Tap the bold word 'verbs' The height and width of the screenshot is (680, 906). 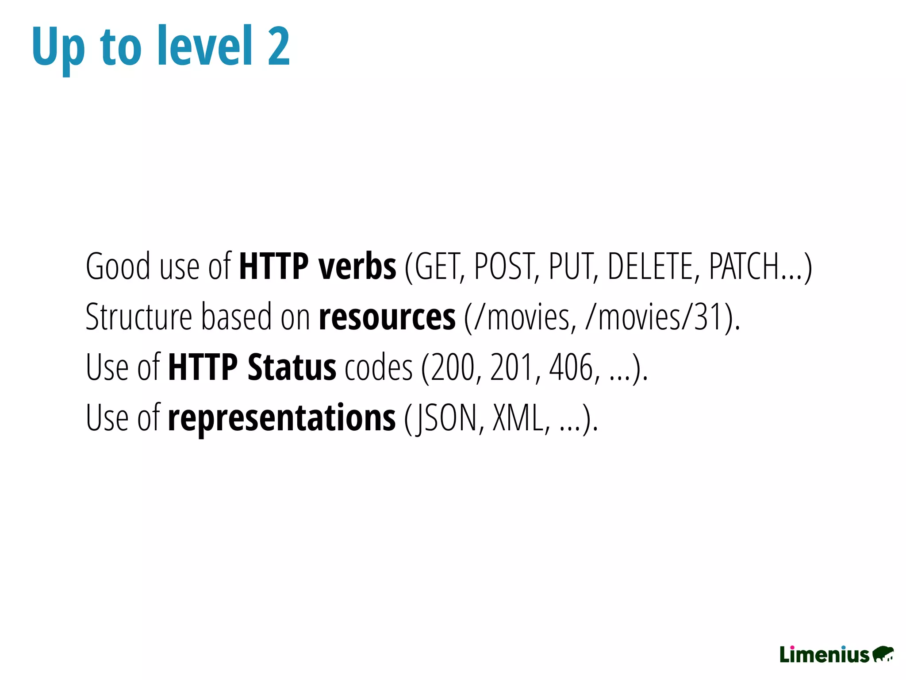(357, 267)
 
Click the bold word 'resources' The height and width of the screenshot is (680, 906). (387, 317)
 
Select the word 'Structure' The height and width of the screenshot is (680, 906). (139, 317)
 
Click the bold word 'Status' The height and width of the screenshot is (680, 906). (292, 367)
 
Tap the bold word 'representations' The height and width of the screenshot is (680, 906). (282, 418)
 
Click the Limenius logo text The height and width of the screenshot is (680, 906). (825, 655)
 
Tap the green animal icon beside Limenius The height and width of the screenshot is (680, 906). (883, 654)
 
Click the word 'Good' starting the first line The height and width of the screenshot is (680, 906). (118, 267)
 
